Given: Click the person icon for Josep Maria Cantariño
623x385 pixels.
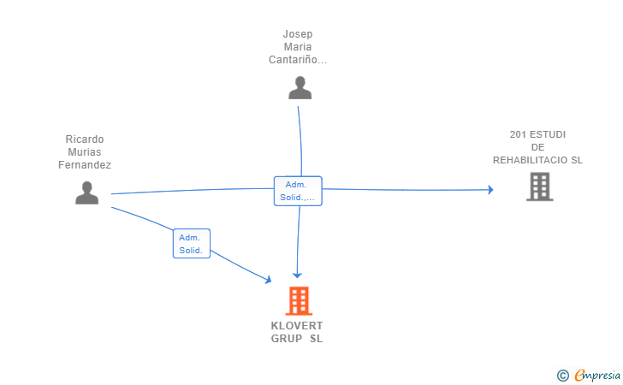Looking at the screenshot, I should pyautogui.click(x=300, y=88).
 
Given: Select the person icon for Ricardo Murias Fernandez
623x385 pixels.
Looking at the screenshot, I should pyautogui.click(x=86, y=193).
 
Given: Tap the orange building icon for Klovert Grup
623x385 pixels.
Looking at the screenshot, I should pyautogui.click(x=298, y=300).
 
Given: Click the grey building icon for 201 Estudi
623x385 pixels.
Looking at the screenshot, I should pyautogui.click(x=539, y=187).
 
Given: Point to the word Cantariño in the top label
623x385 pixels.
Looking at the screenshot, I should pyautogui.click(x=297, y=60).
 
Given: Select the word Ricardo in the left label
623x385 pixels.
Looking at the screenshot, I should pyautogui.click(x=85, y=139).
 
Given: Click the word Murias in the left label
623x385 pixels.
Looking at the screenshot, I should pyautogui.click(x=85, y=152).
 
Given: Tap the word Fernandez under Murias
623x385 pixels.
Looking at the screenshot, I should pyautogui.click(x=85, y=165).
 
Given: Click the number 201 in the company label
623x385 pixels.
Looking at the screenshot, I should pyautogui.click(x=518, y=134).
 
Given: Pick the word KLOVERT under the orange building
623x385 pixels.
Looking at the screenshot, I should pyautogui.click(x=297, y=326).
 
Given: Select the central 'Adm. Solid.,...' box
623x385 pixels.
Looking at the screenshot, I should pyautogui.click(x=297, y=191).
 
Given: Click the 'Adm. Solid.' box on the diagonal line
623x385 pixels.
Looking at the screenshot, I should pyautogui.click(x=191, y=244).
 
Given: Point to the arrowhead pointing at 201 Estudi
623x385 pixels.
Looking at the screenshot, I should pyautogui.click(x=490, y=190).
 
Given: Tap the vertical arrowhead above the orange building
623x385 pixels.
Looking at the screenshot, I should pyautogui.click(x=297, y=275).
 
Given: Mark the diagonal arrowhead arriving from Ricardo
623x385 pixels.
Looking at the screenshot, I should pyautogui.click(x=268, y=280).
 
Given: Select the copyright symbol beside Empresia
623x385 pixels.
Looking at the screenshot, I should pyautogui.click(x=562, y=375).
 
